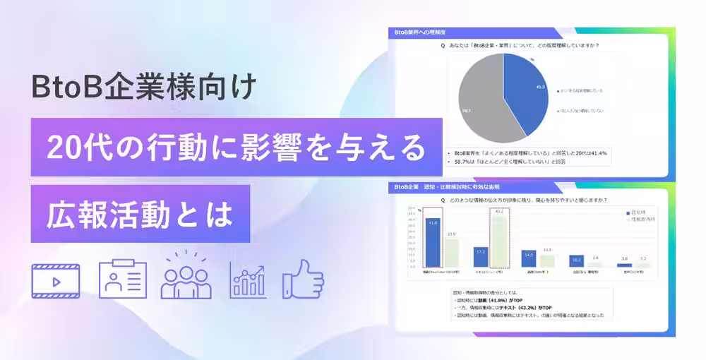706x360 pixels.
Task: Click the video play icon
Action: pos(55,280)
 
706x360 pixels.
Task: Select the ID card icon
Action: pos(122,280)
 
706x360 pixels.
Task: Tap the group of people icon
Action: pos(186,277)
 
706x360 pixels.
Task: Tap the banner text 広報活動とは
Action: pos(140,214)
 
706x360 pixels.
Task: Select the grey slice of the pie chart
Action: pos(480,102)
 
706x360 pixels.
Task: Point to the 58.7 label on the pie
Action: pos(467,110)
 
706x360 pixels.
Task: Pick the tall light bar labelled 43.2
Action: pos(499,240)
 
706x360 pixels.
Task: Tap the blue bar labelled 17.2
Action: pos(481,257)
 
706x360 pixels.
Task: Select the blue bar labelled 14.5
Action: pos(529,259)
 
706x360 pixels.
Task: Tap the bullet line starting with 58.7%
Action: pos(506,161)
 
